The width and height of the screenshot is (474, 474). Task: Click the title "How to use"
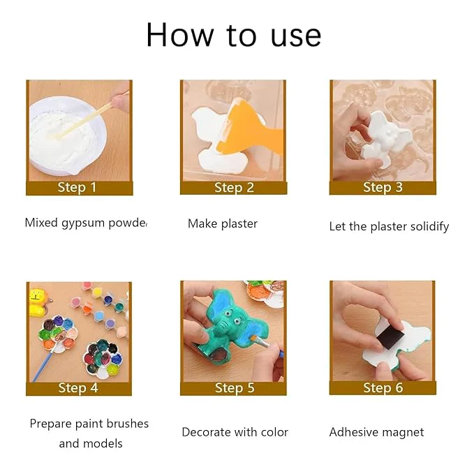coord(233,35)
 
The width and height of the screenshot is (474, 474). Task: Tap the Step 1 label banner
coord(80,188)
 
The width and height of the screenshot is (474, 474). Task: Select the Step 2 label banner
coord(233,188)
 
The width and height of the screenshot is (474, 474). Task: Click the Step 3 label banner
coord(383,188)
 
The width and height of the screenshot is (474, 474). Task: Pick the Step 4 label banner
coord(79,388)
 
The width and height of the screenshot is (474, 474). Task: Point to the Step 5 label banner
coord(233,388)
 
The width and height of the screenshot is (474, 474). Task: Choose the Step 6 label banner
coord(383,388)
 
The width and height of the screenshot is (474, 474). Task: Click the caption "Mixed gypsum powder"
coord(87,223)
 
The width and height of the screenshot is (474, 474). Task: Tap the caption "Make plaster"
coord(223,223)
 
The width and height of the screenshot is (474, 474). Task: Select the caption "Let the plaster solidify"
coord(389,226)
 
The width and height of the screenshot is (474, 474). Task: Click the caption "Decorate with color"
coord(235,432)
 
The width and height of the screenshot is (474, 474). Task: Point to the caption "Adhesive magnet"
coord(377,433)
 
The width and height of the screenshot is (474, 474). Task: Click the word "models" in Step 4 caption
coord(103,443)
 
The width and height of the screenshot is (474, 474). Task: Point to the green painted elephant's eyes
coord(232,318)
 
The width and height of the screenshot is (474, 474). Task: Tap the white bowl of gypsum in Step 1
coord(68,136)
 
